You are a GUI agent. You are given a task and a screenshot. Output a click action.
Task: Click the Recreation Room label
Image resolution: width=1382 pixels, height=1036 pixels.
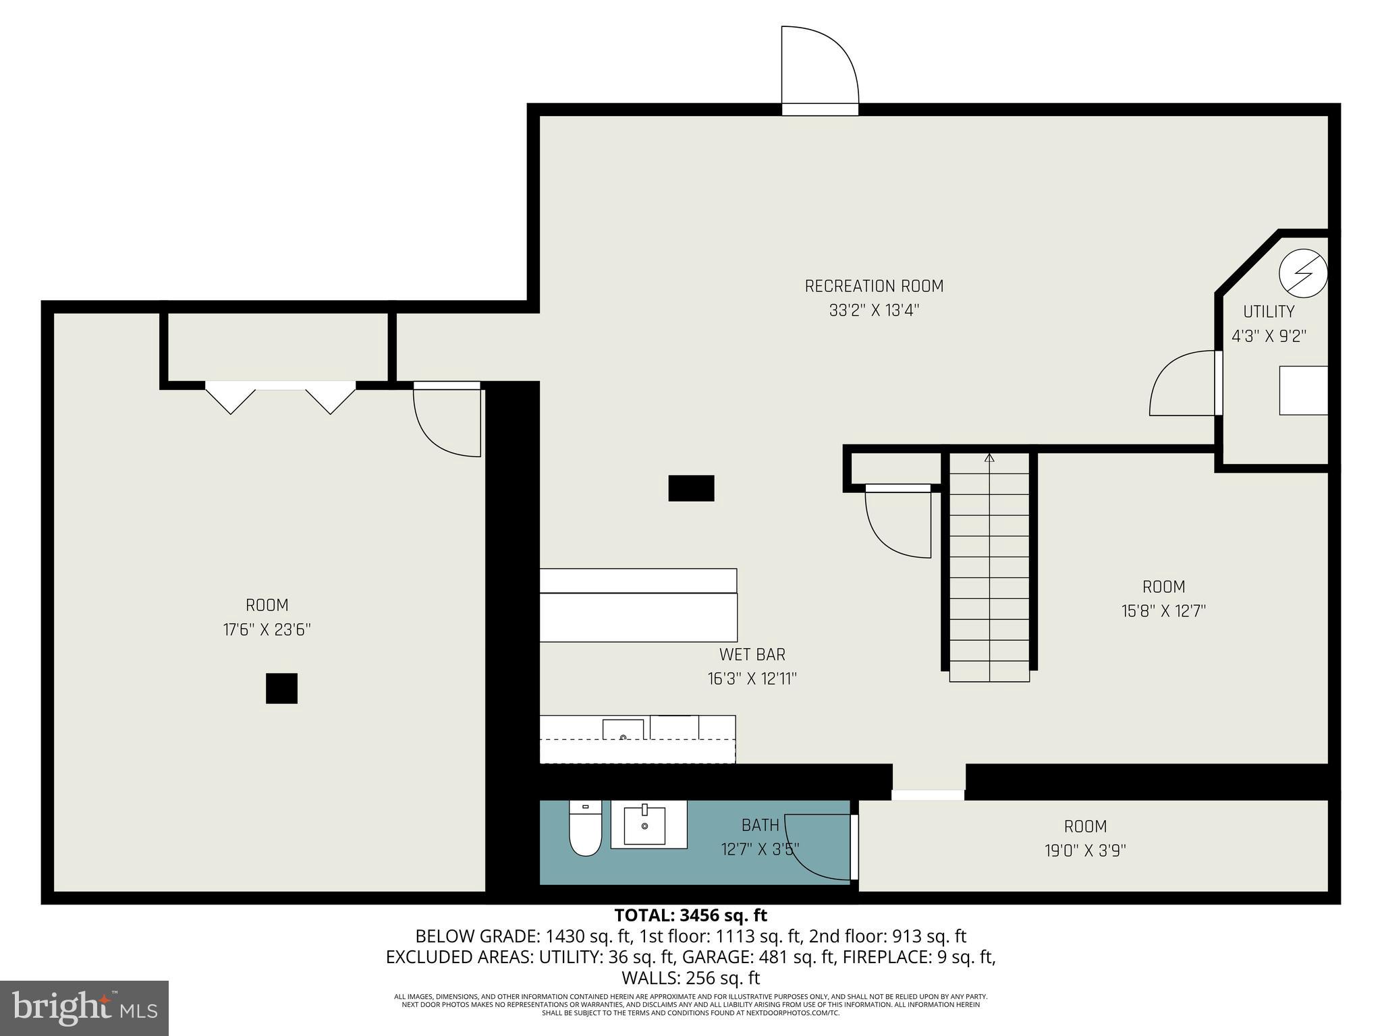(874, 286)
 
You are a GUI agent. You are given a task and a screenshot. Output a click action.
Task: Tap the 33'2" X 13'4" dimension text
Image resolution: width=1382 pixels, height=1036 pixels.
(874, 310)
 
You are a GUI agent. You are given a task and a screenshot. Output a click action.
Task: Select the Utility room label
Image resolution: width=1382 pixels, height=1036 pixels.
(1269, 312)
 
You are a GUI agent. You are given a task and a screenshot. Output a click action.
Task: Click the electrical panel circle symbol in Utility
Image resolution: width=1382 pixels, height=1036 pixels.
(1303, 273)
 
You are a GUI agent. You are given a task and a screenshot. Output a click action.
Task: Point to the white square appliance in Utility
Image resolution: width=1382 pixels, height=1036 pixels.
(1303, 390)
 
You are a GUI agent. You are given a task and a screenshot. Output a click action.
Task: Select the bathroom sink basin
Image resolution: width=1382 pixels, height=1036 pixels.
(644, 826)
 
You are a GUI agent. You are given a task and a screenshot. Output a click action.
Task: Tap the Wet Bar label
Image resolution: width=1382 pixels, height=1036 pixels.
(752, 654)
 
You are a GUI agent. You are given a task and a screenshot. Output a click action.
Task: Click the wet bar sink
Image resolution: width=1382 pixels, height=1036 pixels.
(623, 730)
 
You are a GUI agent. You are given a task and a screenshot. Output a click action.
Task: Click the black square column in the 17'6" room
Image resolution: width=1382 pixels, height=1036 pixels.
(281, 688)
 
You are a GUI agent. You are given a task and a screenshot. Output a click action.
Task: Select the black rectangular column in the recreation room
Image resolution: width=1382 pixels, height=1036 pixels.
(691, 488)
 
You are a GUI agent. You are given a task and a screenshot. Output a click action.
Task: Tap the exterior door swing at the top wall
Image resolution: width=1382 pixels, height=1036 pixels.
(819, 67)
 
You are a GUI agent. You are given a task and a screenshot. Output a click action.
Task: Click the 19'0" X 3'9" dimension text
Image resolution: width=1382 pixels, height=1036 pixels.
(1085, 851)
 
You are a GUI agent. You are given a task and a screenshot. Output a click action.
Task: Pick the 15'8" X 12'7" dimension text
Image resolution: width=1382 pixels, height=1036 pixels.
(1163, 611)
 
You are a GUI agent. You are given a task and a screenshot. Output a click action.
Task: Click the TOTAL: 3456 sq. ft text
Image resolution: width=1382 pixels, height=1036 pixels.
(690, 915)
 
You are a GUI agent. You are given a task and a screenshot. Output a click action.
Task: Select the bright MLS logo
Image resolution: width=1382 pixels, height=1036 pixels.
(84, 1008)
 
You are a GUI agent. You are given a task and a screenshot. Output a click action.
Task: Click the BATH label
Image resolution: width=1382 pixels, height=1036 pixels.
(760, 825)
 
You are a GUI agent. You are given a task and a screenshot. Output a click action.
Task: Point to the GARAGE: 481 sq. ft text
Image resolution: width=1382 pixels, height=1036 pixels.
(739, 956)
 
